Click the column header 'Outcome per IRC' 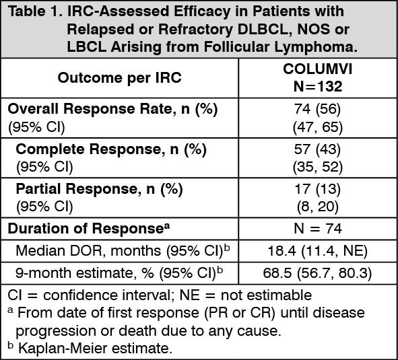pos(120,77)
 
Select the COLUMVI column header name pos(318,69)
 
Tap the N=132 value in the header pos(318,86)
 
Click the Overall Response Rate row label pos(112,109)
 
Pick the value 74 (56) pos(317,109)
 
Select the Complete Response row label pos(111,149)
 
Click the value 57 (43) pos(317,149)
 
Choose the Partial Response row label pos(99,189)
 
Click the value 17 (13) pos(318,189)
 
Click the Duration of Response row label pos(89,228)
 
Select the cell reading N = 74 pos(318,228)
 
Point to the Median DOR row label pos(123,251)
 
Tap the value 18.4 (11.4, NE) pos(318,251)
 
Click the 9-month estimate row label pos(119,273)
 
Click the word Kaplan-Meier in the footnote pos(63,349)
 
